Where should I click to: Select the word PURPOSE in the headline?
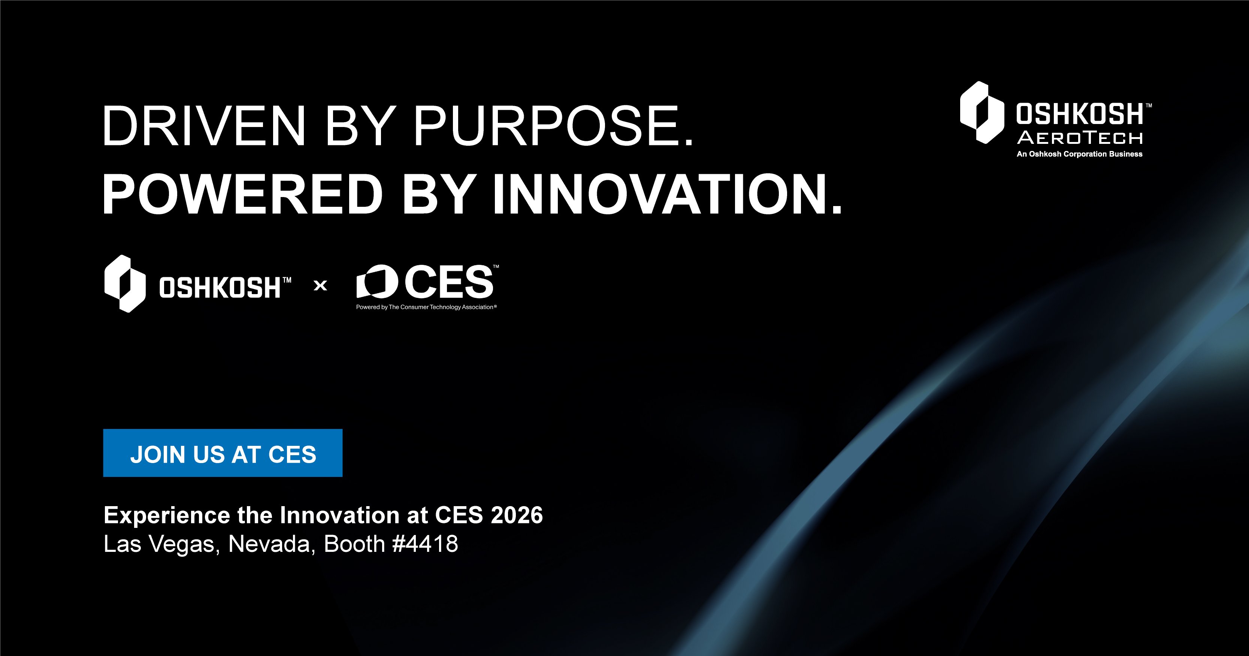553,126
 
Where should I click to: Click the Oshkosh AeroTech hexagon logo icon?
982,112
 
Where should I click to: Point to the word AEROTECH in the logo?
1080,139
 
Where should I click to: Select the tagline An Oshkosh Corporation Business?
1079,154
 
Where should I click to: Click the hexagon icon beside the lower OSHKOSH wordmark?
125,284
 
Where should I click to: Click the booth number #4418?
425,544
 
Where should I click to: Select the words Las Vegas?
158,544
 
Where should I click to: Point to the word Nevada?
270,544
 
